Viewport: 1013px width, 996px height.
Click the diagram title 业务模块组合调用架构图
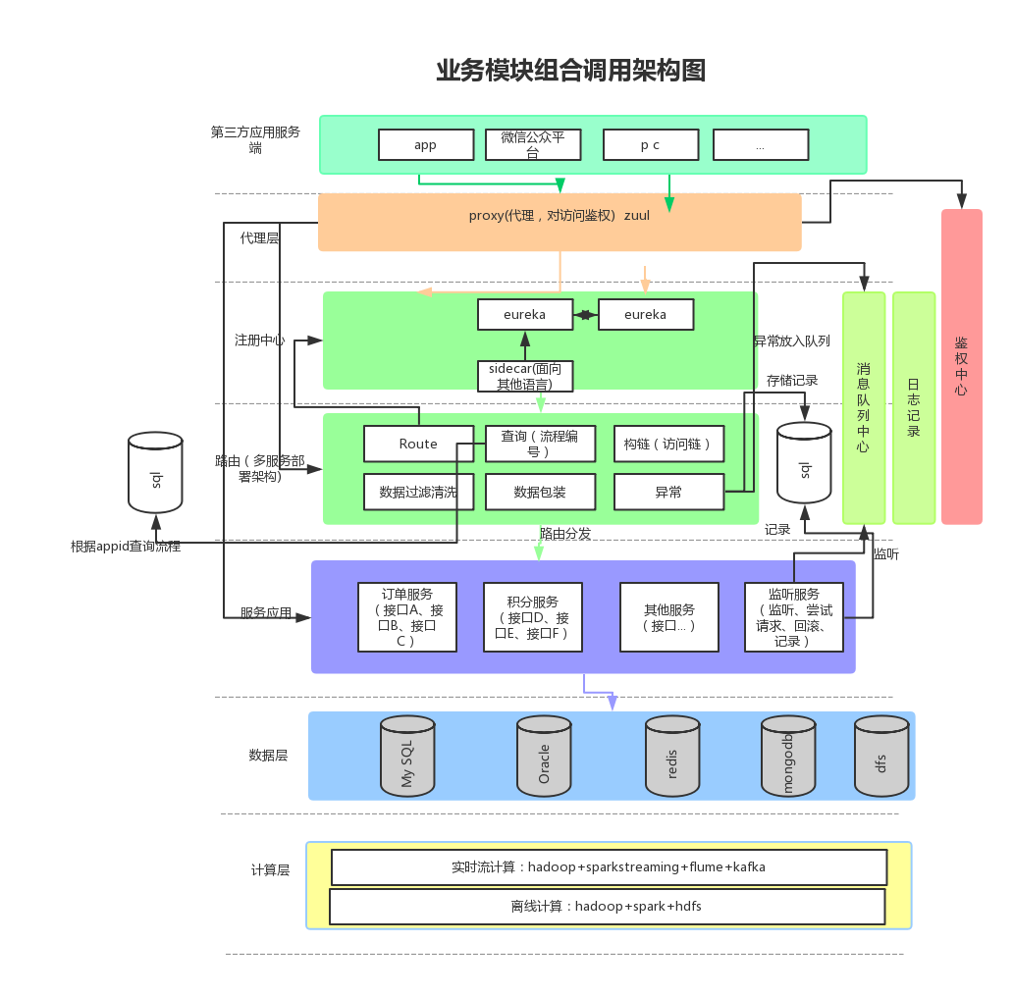(570, 71)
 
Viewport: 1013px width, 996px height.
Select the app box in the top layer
(425, 145)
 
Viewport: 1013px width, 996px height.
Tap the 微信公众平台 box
(533, 145)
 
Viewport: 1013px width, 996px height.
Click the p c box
(650, 145)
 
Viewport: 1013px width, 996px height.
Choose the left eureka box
(524, 315)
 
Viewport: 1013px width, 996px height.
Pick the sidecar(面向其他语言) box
(524, 377)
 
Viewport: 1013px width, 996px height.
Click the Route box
(418, 444)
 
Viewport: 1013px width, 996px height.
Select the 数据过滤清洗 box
(418, 492)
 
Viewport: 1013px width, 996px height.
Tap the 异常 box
(668, 492)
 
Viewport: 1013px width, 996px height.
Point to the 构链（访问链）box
(668, 444)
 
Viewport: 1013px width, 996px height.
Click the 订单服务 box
(407, 617)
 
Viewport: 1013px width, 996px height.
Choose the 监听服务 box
(794, 617)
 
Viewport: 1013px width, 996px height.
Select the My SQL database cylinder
(407, 756)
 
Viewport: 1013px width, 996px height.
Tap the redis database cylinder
(672, 757)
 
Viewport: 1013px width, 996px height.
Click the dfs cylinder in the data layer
(881, 757)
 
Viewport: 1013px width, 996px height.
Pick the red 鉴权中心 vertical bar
(961, 366)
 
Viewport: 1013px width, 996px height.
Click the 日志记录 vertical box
(914, 407)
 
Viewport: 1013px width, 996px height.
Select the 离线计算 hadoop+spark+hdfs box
(607, 906)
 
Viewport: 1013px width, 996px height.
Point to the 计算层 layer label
(270, 869)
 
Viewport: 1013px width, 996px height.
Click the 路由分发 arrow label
(565, 533)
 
